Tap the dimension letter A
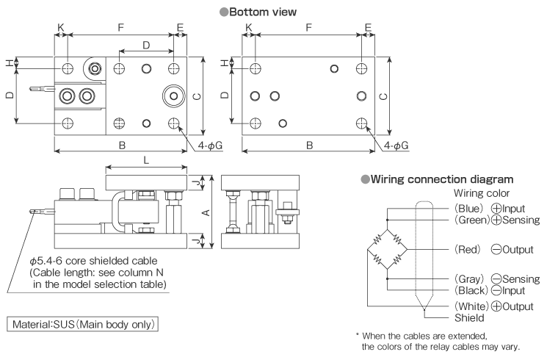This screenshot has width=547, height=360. click(x=206, y=213)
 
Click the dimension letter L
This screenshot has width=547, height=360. click(x=148, y=159)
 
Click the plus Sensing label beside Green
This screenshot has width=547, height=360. click(x=516, y=220)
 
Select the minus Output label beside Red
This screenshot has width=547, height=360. click(x=512, y=249)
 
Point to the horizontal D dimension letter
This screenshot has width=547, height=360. click(x=146, y=46)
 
